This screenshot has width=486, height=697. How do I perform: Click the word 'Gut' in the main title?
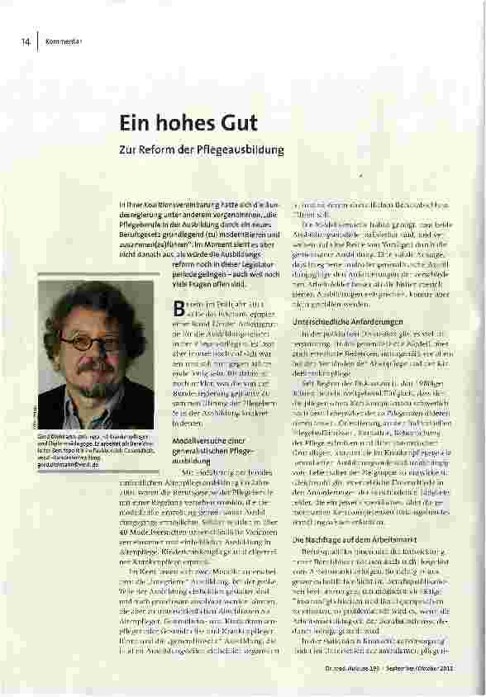(236, 123)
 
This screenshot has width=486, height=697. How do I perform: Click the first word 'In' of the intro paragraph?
(122, 202)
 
